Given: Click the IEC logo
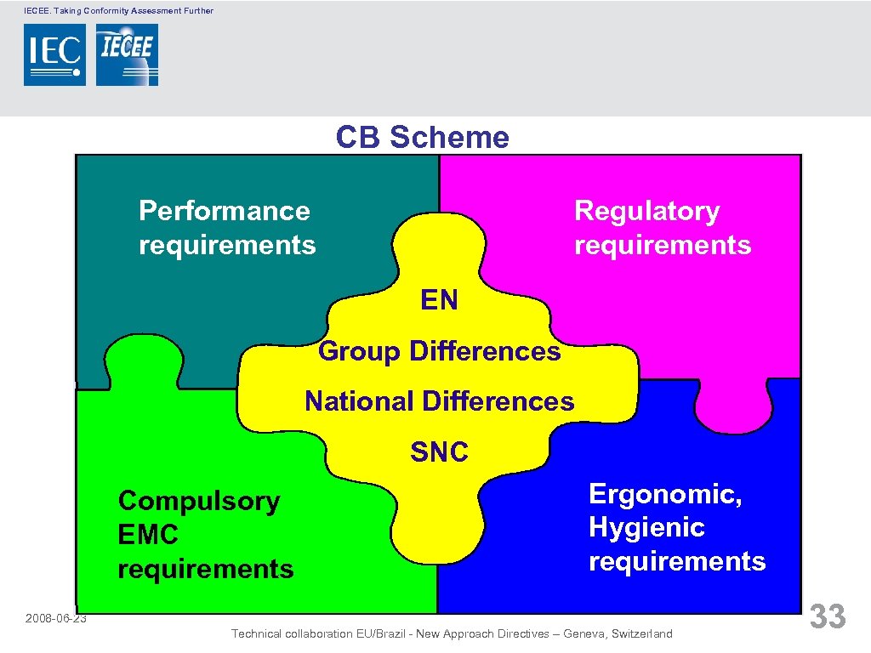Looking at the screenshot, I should point(54,54).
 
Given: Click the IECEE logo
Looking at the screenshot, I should point(127,54).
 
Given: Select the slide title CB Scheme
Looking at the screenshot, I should point(422,137).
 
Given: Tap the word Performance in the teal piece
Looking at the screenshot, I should point(225,210).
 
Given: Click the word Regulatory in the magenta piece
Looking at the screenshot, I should point(646,210).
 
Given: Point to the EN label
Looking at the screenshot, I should point(439,299).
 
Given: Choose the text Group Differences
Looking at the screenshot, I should point(439,350).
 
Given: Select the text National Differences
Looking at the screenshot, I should point(439,400).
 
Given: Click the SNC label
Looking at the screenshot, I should point(439,451).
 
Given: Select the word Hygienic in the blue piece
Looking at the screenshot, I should point(646,527).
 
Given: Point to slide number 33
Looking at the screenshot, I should point(827,616).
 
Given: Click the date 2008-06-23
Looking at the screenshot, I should point(56,618).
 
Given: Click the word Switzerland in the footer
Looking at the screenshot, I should point(638,633).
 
